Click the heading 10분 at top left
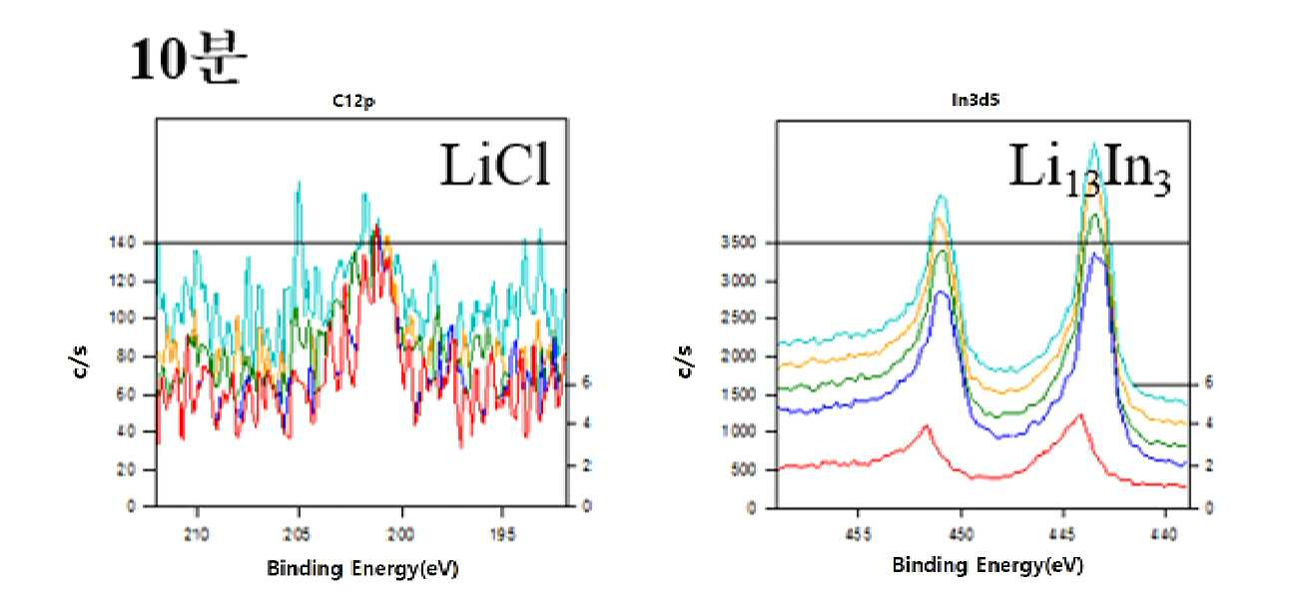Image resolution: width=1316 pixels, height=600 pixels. (x=188, y=58)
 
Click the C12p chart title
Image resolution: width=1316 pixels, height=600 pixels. (x=353, y=101)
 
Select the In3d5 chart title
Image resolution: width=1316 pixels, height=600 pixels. (x=976, y=100)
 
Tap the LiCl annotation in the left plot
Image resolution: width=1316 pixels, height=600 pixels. (x=496, y=165)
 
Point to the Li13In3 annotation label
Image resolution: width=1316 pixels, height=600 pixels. (x=1089, y=168)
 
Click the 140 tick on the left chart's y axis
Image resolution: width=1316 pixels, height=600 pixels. (x=123, y=243)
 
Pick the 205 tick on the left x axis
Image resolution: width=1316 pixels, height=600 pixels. (x=298, y=533)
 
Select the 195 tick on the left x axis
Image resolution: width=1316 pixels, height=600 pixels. (x=501, y=533)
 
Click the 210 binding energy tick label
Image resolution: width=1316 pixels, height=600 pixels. (x=197, y=533)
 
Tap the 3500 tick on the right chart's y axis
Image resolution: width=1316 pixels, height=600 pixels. (x=739, y=243)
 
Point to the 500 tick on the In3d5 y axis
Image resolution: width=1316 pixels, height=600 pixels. (x=743, y=469)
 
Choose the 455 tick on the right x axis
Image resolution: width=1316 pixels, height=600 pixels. (x=858, y=534)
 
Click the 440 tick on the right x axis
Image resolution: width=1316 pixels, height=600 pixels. (x=1164, y=534)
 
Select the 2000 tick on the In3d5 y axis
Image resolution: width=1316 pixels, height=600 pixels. (x=739, y=356)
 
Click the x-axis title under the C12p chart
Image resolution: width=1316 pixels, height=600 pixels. (x=362, y=568)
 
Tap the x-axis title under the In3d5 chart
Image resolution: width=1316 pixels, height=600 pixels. (x=987, y=565)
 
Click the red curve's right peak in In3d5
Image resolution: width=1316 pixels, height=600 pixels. (x=1079, y=415)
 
